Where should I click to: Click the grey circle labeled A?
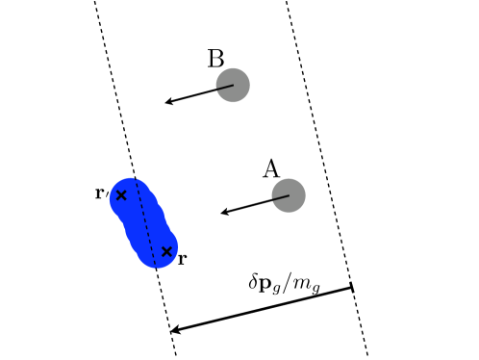(289, 195)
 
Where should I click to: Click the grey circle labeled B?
(233, 85)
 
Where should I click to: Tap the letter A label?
(271, 169)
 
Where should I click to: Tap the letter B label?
(215, 59)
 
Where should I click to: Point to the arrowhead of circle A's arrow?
(224, 212)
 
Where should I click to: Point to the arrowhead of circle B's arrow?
(168, 101)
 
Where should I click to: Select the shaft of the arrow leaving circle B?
(200, 93)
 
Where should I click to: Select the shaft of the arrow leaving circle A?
(256, 204)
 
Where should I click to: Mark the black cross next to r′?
(121, 195)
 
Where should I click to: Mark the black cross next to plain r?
(166, 251)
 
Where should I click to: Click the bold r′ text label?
(101, 193)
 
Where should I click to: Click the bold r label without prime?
(183, 259)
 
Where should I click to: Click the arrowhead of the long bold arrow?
(175, 330)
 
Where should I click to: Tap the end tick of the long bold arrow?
(352, 287)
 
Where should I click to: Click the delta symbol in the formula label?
(254, 282)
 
